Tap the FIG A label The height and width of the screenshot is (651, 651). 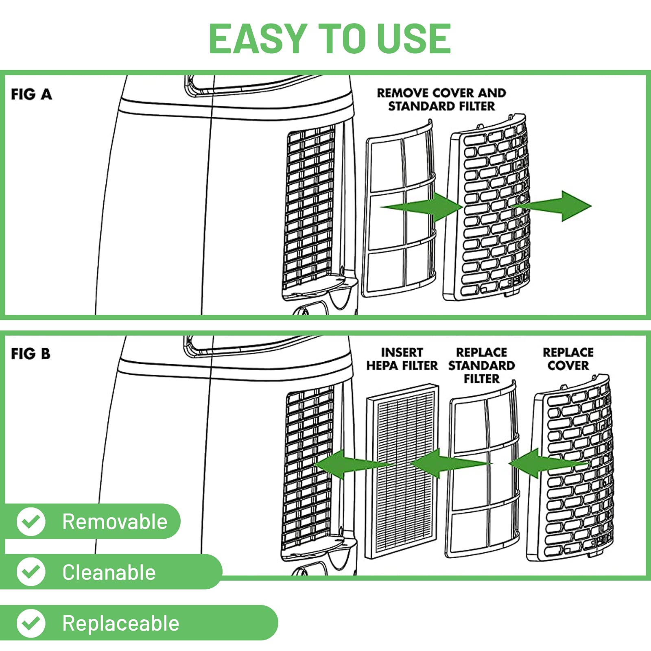(31, 94)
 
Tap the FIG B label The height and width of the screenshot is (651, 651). (31, 354)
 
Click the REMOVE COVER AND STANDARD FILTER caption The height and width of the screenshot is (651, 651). (441, 99)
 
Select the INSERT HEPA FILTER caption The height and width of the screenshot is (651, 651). (402, 359)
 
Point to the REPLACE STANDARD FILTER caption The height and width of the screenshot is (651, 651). (482, 365)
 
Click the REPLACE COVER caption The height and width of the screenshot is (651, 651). (568, 359)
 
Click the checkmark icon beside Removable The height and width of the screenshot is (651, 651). (31, 521)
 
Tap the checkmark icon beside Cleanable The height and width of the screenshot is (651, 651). (31, 572)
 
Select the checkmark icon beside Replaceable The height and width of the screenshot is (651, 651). (31, 623)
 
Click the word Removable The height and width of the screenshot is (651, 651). (115, 522)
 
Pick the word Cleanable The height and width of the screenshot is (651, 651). (109, 572)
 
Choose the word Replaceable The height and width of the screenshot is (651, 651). (121, 624)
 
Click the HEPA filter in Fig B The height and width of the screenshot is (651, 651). (402, 471)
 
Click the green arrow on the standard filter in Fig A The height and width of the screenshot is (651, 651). (422, 207)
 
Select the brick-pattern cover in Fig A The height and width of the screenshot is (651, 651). (486, 208)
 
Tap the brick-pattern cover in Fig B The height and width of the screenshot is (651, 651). (570, 468)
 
